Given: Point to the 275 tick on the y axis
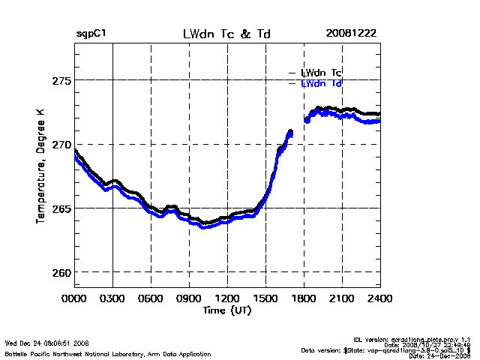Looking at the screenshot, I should pos(59,79).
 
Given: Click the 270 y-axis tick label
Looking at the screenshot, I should pos(59,144).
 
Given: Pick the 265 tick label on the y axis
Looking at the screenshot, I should pos(59,208).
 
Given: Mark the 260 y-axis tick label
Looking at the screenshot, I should pos(59,271).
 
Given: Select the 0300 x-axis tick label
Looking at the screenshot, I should pos(112,298).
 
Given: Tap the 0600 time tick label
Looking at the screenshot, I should pos(151,298).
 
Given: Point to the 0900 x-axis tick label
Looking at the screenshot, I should pos(189,298).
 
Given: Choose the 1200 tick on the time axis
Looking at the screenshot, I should pos(227,298).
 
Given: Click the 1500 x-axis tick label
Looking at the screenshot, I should pos(265,298).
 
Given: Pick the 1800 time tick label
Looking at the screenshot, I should pos(304,298).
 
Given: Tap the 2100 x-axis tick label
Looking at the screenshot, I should pos(342,298).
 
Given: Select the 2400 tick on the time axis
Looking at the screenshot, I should pos(379,298).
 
